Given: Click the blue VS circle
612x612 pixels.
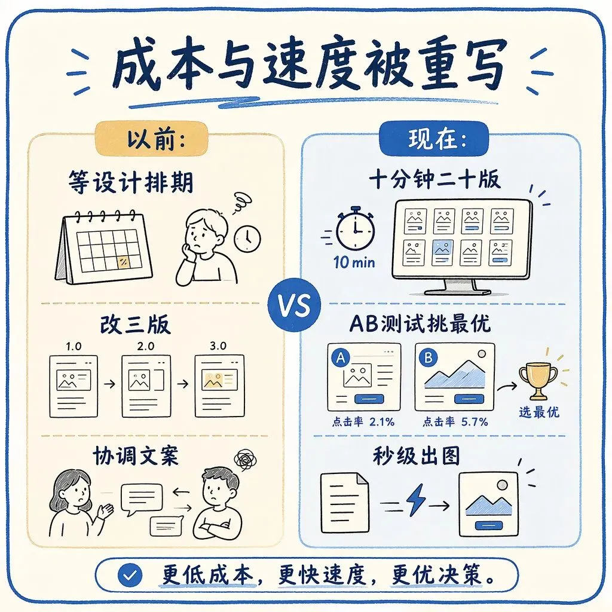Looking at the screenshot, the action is click(295, 305).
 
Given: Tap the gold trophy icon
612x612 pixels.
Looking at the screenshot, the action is click(538, 381).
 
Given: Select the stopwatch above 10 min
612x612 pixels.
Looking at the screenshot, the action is click(355, 229).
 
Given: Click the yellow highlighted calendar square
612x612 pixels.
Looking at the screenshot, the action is click(123, 262).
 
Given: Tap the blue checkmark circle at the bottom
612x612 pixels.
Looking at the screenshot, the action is click(130, 576).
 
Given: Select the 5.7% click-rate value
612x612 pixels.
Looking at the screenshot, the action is click(475, 422).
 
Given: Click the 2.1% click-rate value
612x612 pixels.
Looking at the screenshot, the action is click(382, 422).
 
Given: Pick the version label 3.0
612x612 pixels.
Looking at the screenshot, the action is click(218, 346).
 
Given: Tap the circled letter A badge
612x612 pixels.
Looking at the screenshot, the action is click(341, 357).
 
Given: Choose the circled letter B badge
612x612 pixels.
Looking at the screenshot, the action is click(428, 357).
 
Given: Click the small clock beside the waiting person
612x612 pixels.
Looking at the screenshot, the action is click(247, 238).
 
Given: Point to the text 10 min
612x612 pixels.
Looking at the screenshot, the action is click(354, 262).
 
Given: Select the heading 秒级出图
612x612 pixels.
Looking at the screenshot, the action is click(416, 455).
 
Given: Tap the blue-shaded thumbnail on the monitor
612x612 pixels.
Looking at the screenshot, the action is click(442, 252).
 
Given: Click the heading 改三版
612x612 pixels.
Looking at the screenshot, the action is click(135, 325).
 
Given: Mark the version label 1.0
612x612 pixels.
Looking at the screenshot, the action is click(74, 346).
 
